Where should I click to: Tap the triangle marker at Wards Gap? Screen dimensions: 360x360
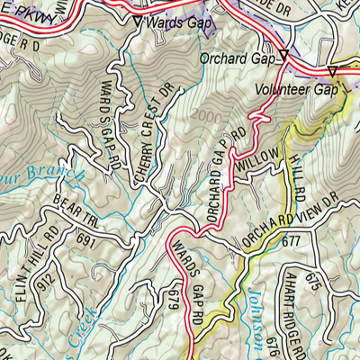(x=137, y=20)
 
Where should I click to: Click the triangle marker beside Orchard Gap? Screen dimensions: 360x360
(x=283, y=56)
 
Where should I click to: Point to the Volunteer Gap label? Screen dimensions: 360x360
(x=296, y=90)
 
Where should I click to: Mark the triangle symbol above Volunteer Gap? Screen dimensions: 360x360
(x=331, y=71)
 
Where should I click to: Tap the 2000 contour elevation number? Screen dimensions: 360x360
(x=203, y=115)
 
